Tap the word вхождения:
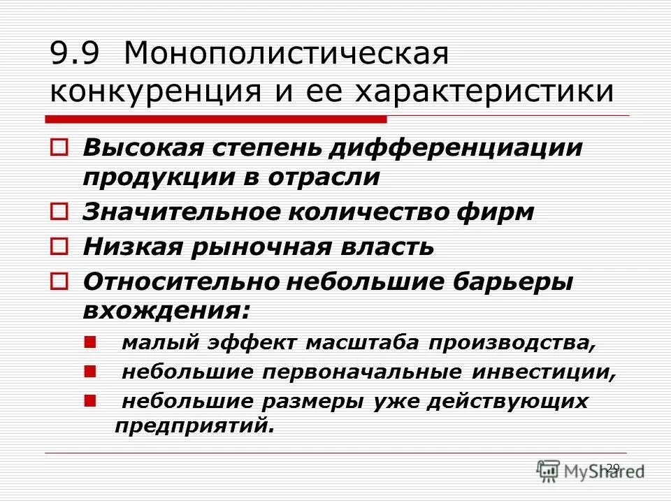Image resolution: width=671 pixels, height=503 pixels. tap(166, 311)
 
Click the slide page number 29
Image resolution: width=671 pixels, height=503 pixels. tap(613, 468)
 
